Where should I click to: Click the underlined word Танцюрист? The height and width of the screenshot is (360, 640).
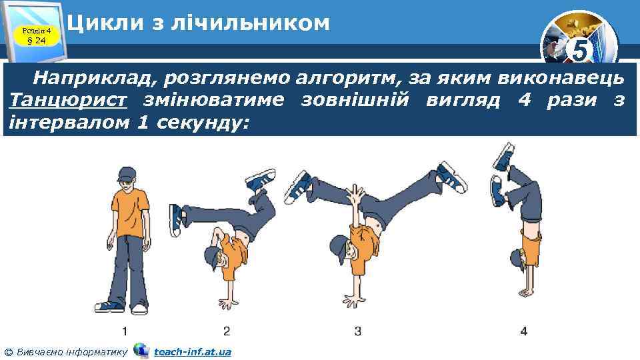pos(68,100)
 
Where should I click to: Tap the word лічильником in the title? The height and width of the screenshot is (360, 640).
pos(250,23)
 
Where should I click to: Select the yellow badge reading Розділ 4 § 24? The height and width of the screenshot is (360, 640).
pos(37,35)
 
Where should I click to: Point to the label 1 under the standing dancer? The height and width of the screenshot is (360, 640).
pos(125,331)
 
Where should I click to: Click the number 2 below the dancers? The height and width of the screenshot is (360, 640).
pos(227,331)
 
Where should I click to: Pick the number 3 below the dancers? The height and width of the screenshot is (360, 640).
pos(357,331)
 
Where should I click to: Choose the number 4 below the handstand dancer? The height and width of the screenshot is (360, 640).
pos(524,331)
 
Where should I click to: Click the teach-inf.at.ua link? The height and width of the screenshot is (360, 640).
pos(193,352)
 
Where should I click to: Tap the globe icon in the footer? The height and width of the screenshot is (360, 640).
pos(141,351)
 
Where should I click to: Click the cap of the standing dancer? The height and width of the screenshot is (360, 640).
pos(127,174)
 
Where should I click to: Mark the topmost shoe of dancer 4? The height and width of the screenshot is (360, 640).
pos(504,157)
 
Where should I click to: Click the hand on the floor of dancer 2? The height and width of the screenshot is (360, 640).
pos(228,303)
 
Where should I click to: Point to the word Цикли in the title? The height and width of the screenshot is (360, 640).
pos(105,23)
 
